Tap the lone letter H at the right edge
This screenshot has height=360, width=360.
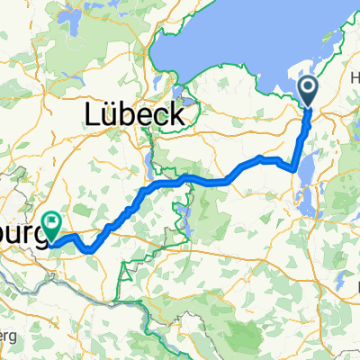355,79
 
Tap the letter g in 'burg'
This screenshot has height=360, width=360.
38,235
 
